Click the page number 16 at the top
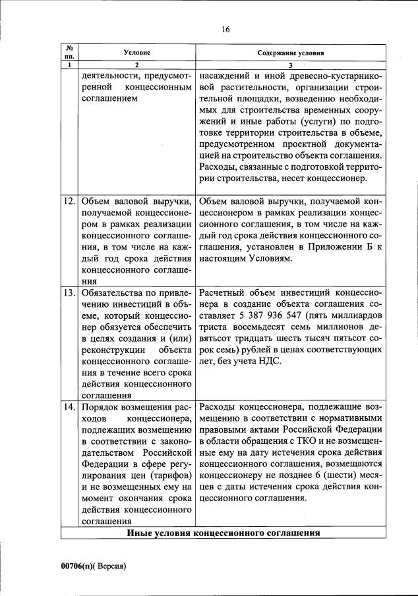tap(225, 29)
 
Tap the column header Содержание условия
tap(291, 51)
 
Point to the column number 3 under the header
tap(291, 65)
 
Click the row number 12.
tap(69, 202)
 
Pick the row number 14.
tap(69, 407)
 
